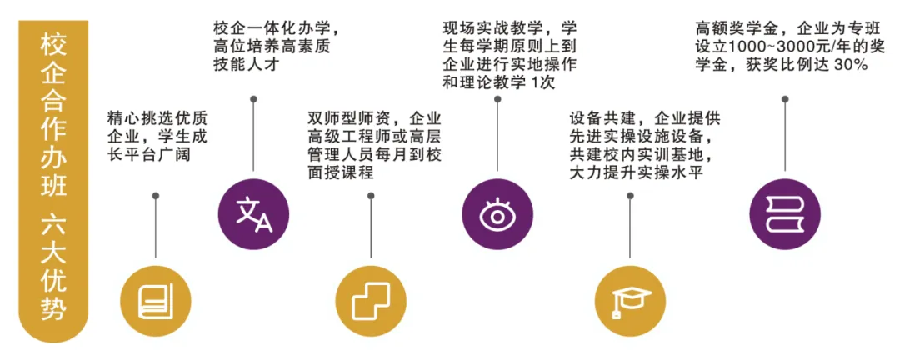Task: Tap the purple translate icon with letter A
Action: click(252, 214)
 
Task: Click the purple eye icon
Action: click(497, 214)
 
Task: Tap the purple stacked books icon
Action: click(784, 214)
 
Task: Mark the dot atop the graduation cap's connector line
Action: click(631, 196)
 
